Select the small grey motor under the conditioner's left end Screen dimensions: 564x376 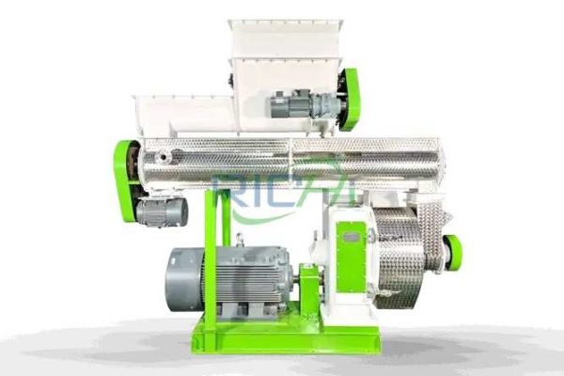click(x=161, y=211)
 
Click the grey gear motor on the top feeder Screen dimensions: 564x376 click(x=305, y=103)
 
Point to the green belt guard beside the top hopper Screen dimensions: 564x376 click(x=348, y=100)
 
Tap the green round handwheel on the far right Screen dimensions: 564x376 click(x=452, y=252)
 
